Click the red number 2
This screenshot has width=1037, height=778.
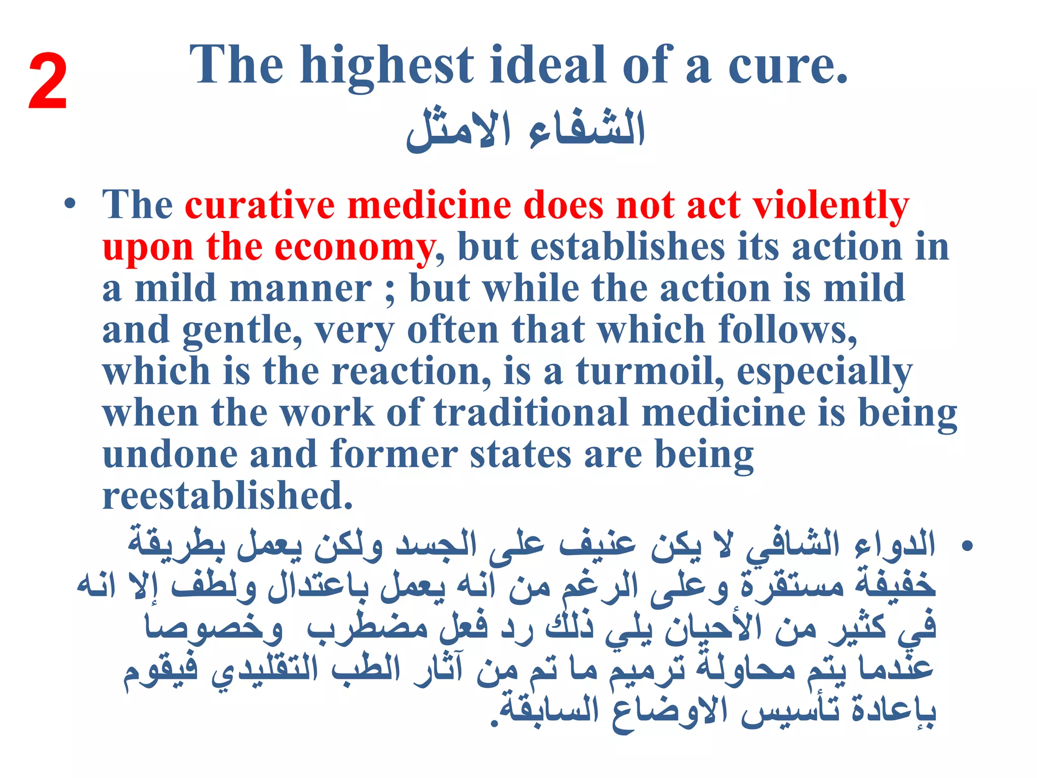[48, 82]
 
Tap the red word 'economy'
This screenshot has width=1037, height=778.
[354, 248]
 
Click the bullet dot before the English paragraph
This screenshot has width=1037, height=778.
[70, 205]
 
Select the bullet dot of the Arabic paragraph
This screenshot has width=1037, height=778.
[967, 547]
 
